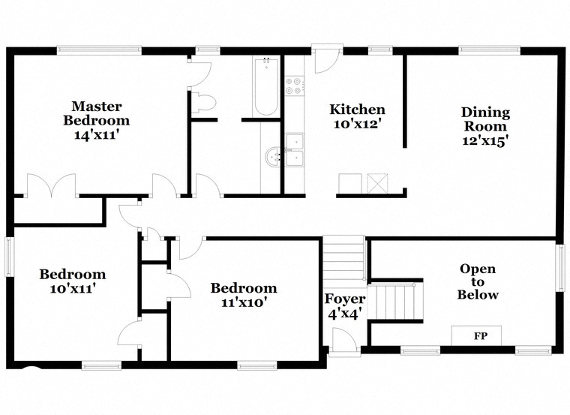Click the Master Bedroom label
pos(96,120)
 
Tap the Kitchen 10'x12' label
pos(357,116)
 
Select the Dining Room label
pos(485,126)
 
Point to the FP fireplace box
pos(476,335)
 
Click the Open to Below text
pos(478,281)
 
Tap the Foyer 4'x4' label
pos(344,306)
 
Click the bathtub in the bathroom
pos(266,86)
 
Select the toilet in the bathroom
pos(203,102)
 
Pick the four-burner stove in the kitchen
pos(294,86)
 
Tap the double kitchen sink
pos(295,150)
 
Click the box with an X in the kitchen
pos(378,183)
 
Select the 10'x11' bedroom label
pos(72,281)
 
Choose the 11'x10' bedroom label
pos(244,295)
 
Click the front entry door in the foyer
pos(343,340)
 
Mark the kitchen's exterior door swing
pos(327,59)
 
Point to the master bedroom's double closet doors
pos(51,185)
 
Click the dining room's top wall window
pos(489,50)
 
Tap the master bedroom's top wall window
pos(99,50)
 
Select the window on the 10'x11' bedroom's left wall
pos(9,257)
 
